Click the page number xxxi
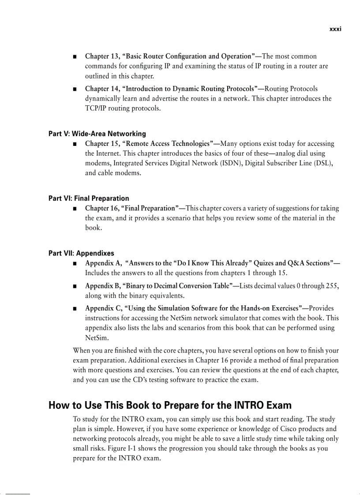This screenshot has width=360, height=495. tap(335, 30)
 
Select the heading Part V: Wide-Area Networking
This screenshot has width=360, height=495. tap(97, 134)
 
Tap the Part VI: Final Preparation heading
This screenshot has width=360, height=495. tap(89, 198)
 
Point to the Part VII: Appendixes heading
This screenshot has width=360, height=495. tap(81, 253)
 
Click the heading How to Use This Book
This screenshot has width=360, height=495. tap(170, 405)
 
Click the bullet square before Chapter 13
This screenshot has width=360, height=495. tap(75, 57)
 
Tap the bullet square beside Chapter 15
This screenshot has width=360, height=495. tap(75, 144)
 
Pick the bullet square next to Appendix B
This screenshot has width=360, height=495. tap(75, 287)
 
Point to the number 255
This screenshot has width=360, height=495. tap(331, 286)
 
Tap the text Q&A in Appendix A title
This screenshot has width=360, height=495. tap(298, 263)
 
